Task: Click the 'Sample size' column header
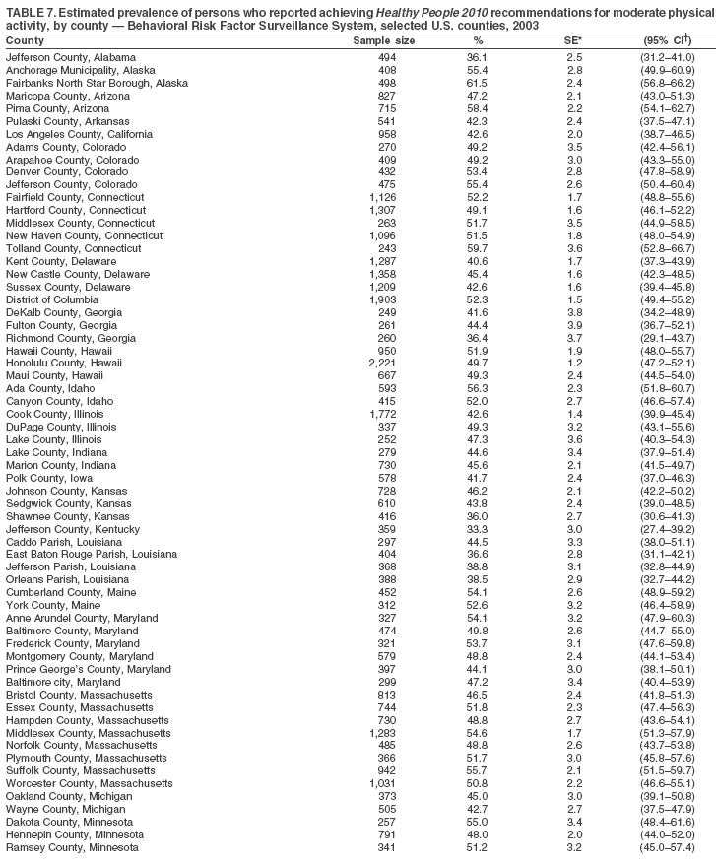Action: coord(383,41)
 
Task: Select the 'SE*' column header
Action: coord(572,41)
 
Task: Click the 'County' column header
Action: coord(25,41)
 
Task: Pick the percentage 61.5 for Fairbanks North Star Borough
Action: coord(478,84)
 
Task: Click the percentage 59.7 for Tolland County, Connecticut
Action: coord(478,247)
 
